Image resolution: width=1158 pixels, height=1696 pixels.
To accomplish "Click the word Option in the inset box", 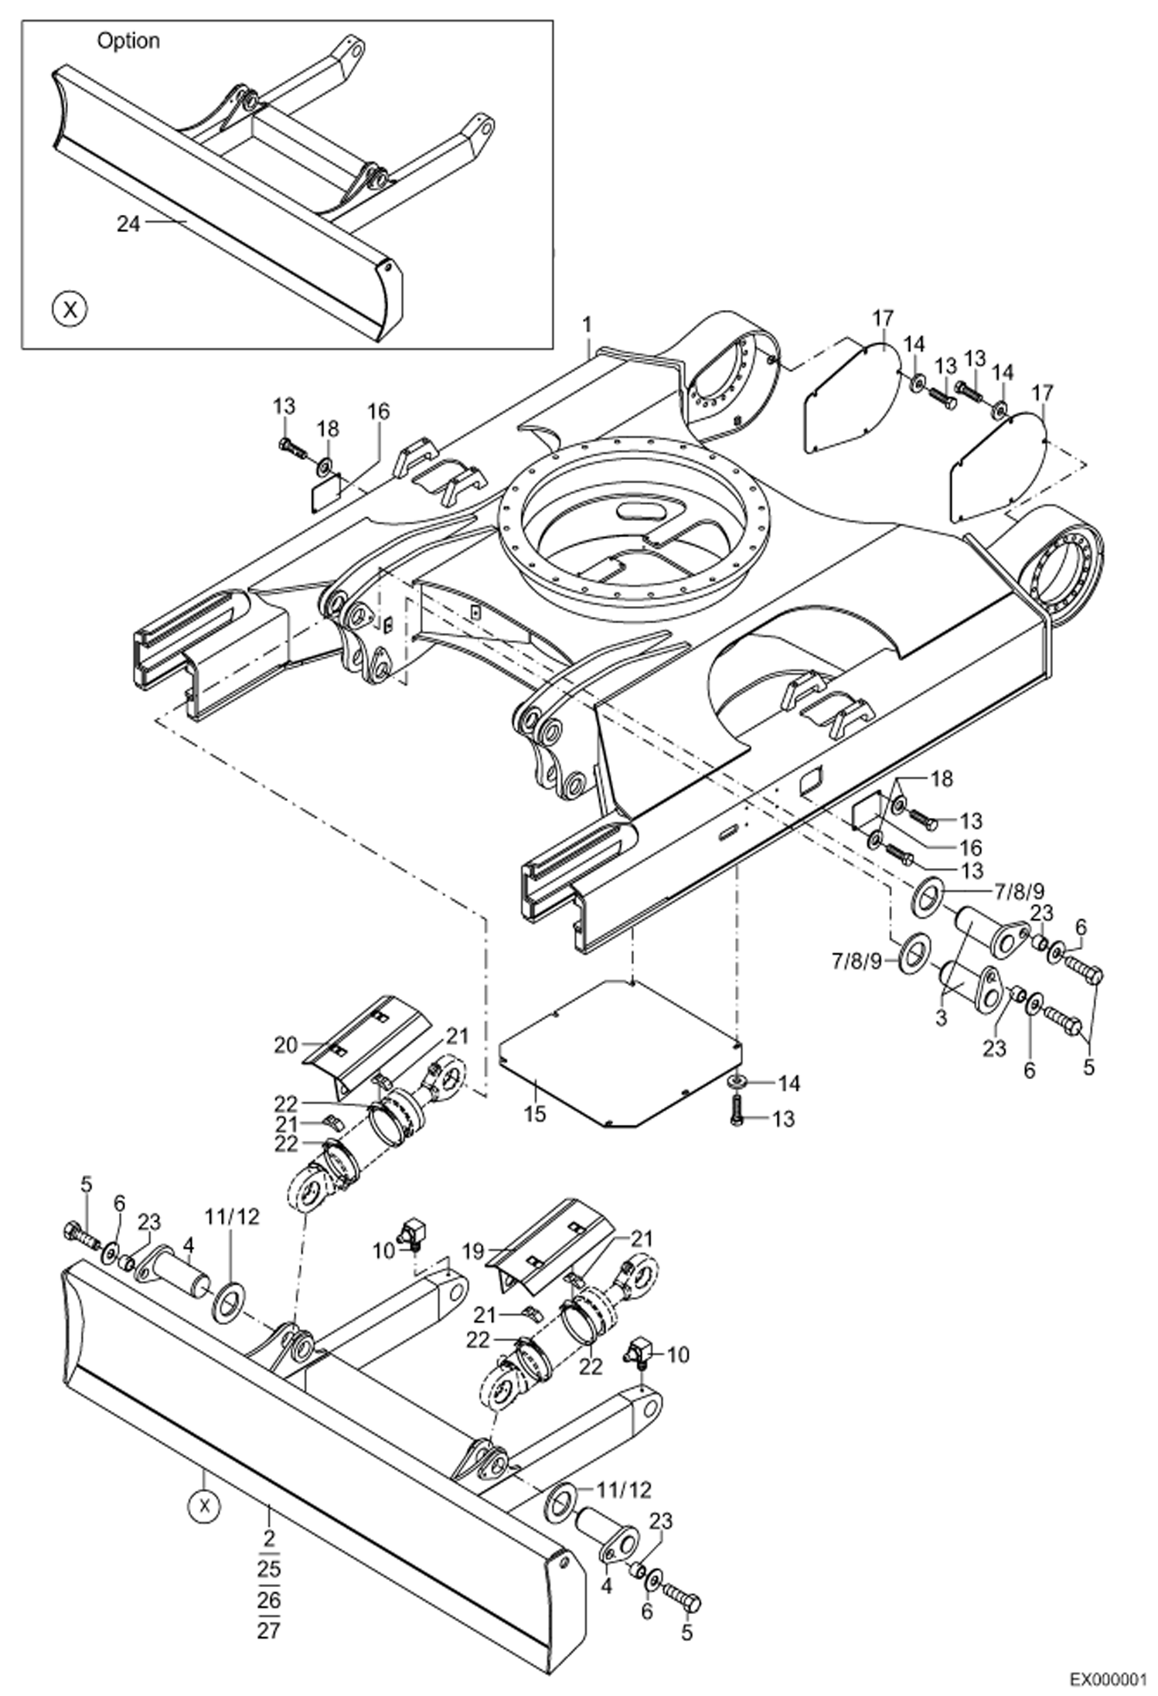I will [x=128, y=41].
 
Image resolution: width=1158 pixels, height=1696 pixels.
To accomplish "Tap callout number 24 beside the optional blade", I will [x=128, y=224].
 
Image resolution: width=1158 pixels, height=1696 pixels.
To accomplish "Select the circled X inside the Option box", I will [x=70, y=310].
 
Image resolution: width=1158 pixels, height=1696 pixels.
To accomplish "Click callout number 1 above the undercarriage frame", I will [x=588, y=325].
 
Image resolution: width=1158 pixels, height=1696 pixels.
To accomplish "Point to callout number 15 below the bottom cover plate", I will [x=534, y=1114].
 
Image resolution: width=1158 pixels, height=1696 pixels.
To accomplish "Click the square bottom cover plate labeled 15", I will [x=618, y=1051].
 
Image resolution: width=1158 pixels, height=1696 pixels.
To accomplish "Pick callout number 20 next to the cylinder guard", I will [x=285, y=1045].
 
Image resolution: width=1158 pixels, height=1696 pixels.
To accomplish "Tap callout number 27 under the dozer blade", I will [x=269, y=1632].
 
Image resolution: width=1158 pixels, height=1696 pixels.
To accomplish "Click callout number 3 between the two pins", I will [x=941, y=1019].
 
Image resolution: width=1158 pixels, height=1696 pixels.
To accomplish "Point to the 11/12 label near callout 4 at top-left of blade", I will [x=231, y=1217].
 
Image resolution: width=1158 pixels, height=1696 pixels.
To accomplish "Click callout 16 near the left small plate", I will [x=378, y=411].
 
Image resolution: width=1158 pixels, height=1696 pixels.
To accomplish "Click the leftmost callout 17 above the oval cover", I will [x=883, y=318].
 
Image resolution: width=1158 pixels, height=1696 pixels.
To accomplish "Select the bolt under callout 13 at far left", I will [x=291, y=448].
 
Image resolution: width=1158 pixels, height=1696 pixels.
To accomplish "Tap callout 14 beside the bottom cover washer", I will [x=788, y=1084].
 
